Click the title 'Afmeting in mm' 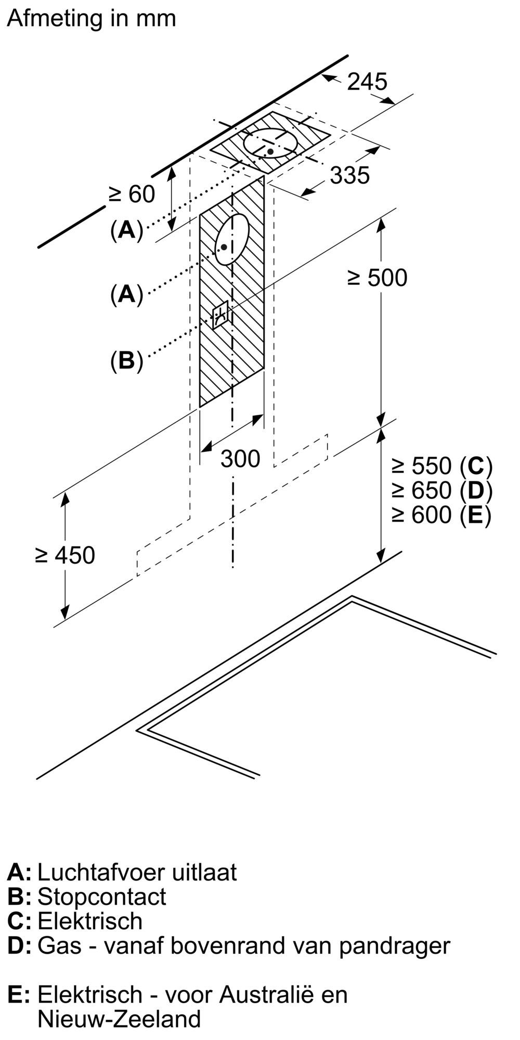(92, 19)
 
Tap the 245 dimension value (367, 82)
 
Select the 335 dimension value (349, 175)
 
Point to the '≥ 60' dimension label (132, 194)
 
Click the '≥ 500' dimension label (377, 278)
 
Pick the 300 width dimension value (240, 459)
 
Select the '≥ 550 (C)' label (441, 465)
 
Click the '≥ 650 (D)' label (441, 490)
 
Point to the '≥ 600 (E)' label (441, 515)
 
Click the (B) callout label (126, 360)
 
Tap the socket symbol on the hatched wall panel (220, 314)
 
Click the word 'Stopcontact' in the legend (102, 897)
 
